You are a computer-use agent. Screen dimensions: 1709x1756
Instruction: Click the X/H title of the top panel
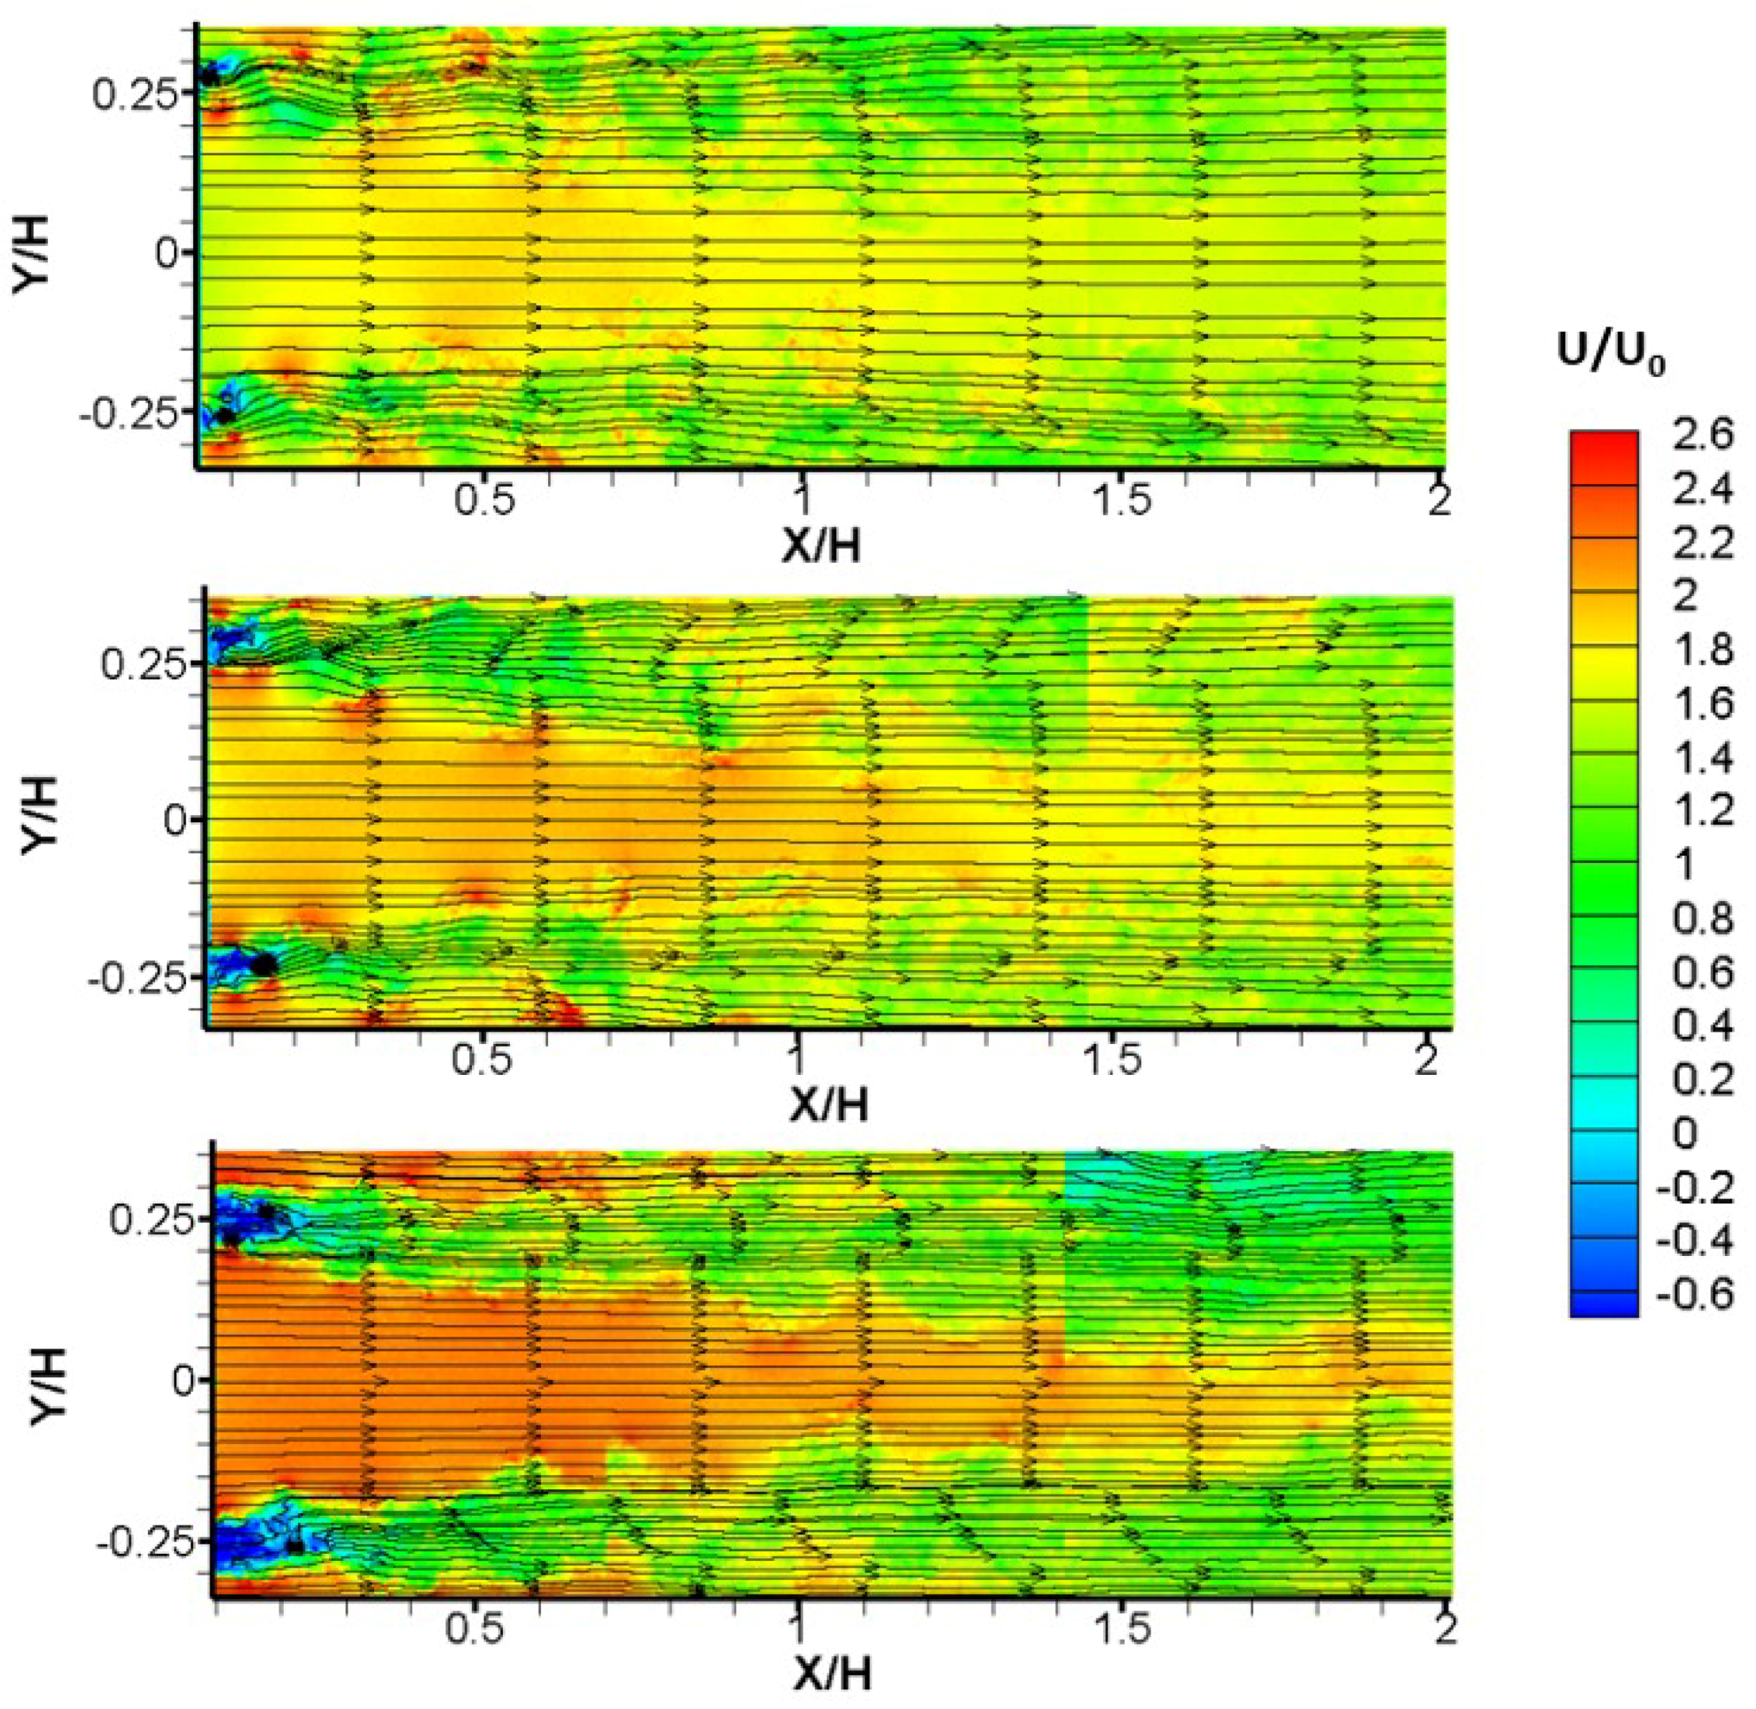[x=820, y=545]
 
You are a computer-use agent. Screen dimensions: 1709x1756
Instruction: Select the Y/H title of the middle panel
[x=40, y=814]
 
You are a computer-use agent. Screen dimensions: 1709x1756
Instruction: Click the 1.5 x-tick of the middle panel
[x=1110, y=1061]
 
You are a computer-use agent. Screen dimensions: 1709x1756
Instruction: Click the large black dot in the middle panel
[x=264, y=965]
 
